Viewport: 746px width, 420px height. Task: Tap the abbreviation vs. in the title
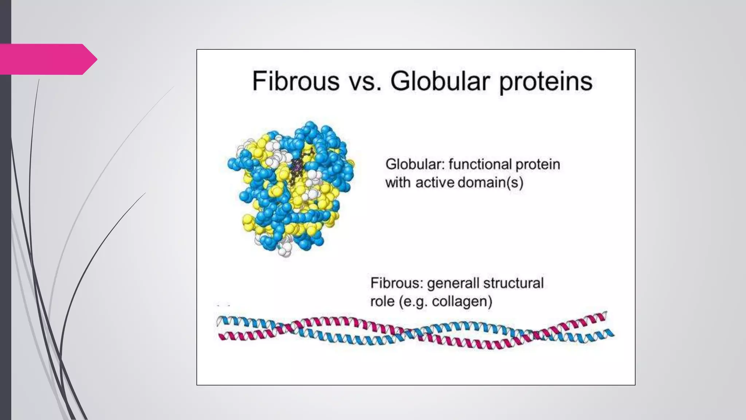(365, 82)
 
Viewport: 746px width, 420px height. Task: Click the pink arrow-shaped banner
(47, 59)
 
